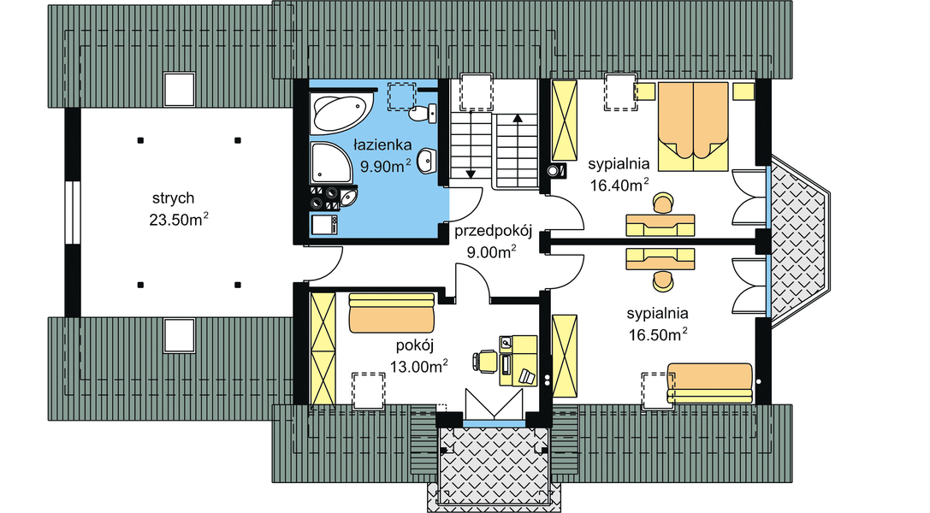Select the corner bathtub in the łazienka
[x=340, y=114]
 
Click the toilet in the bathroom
[x=420, y=112]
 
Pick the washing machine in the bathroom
[x=324, y=224]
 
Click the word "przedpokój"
[x=494, y=232]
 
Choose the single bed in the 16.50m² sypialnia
[x=710, y=383]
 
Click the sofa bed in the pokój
[x=393, y=314]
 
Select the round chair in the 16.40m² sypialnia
[x=663, y=203]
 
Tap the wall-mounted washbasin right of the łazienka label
[x=429, y=161]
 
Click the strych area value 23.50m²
[x=180, y=220]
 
